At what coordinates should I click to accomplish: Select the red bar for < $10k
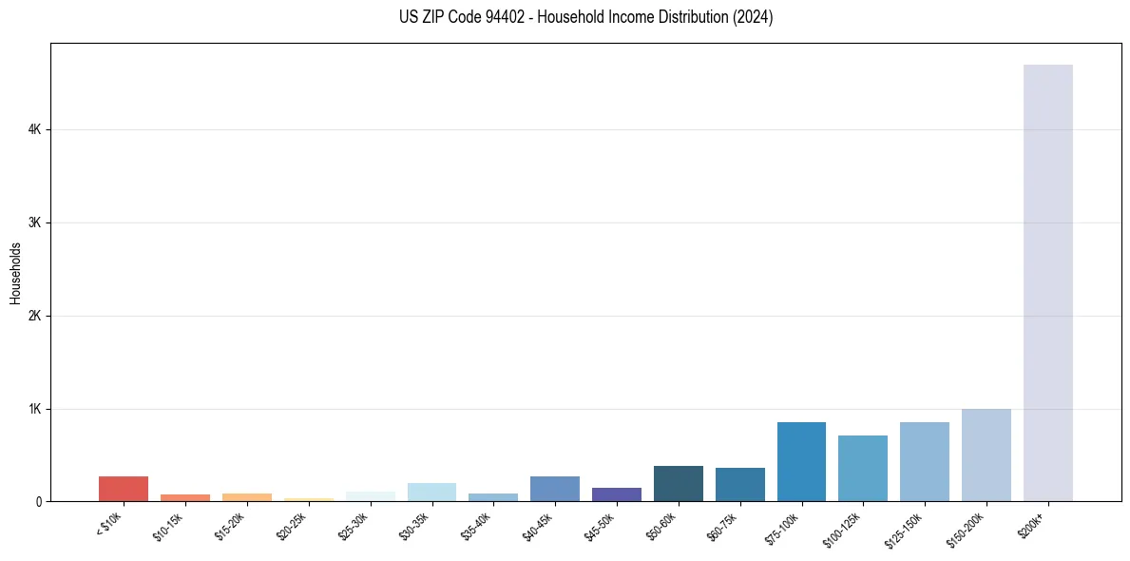[124, 489]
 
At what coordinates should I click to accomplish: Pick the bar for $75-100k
[801, 461]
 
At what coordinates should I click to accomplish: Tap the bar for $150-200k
[986, 455]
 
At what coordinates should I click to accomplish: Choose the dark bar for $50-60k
[679, 483]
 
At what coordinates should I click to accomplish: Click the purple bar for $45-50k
[617, 494]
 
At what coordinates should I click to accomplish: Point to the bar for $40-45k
[555, 489]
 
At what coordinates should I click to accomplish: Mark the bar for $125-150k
[925, 461]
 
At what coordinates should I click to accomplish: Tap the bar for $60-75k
[739, 484]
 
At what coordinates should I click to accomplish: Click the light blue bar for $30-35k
[431, 492]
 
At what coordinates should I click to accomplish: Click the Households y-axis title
[16, 273]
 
